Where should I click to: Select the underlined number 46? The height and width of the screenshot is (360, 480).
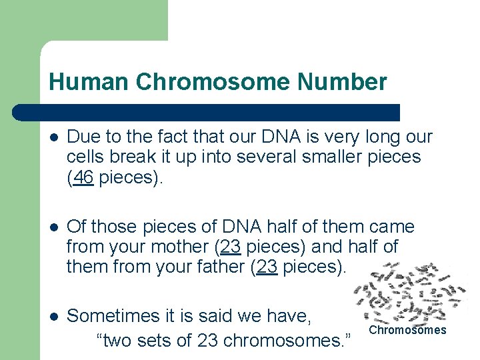coord(83,178)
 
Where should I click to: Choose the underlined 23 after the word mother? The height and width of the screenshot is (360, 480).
coord(230,247)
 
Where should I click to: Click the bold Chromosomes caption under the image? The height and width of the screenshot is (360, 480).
coord(407,330)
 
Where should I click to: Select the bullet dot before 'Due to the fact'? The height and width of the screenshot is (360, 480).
coord(53,137)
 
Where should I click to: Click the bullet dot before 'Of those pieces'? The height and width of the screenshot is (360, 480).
coord(53,227)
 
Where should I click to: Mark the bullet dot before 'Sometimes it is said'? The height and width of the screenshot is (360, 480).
coord(53,316)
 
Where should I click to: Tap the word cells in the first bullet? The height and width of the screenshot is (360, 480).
coord(85,157)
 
